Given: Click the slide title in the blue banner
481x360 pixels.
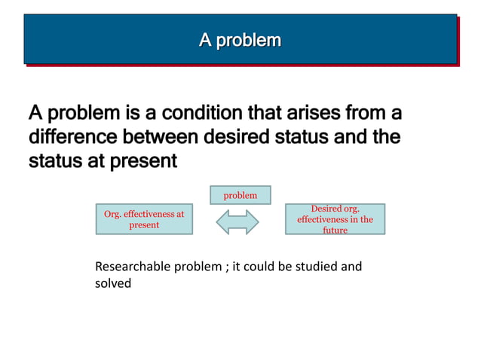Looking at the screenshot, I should pos(240,39).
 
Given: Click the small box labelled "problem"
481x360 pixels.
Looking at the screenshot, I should pos(240,195).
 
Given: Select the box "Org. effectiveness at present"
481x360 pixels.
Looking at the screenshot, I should pos(143,219).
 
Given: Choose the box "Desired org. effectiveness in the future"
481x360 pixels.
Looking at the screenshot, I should pos(335,219).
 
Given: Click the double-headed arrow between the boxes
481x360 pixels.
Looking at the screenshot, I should pos(237,221).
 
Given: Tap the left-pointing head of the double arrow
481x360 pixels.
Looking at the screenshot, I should pos(223,221).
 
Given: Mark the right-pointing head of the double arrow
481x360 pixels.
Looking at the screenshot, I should pos(252,221).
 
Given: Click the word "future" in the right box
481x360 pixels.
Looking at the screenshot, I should pos(335,230).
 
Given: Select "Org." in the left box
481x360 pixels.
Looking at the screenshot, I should pos(112,214).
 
